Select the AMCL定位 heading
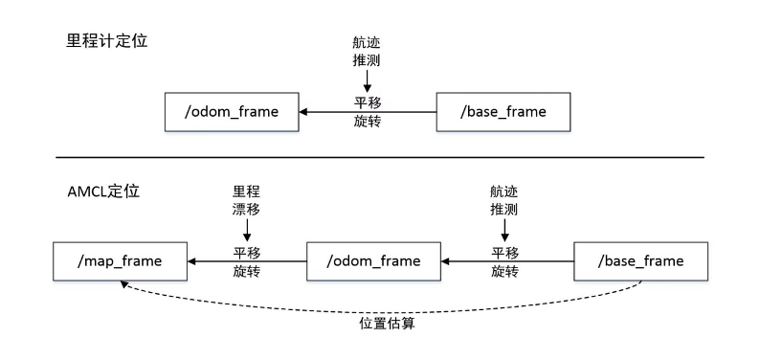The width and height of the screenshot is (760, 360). [x=98, y=191]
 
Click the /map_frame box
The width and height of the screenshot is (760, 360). [x=119, y=259]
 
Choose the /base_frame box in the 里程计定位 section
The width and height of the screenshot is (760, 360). [x=504, y=111]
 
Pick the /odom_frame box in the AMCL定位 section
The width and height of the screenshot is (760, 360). [x=372, y=260]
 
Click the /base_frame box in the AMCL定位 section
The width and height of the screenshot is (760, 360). [x=640, y=260]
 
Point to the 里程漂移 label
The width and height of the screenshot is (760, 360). [x=246, y=199]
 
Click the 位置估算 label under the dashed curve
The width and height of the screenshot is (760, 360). [x=387, y=324]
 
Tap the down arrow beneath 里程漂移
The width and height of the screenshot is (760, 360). [x=247, y=231]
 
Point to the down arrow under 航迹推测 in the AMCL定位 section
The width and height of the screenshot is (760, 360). [x=504, y=231]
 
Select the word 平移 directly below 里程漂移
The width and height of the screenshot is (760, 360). [x=247, y=252]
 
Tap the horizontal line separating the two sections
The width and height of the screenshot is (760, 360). [x=379, y=157]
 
